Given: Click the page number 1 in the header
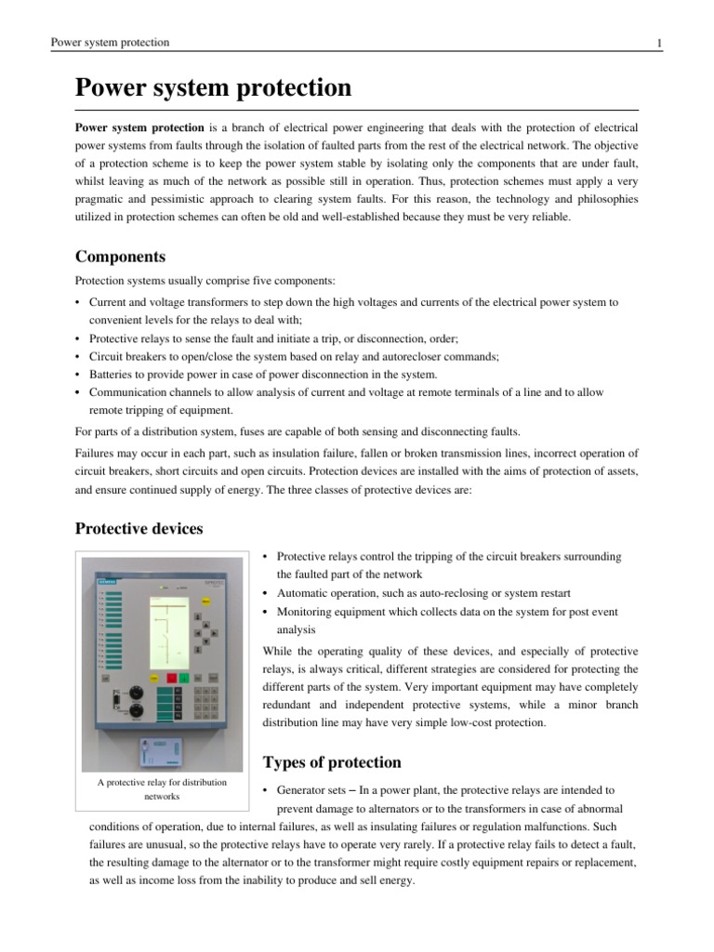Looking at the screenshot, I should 658,43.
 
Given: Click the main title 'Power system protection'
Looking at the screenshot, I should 213,88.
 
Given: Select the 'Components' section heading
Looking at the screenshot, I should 120,257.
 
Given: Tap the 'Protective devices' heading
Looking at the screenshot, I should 139,528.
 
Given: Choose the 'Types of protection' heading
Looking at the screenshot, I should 332,763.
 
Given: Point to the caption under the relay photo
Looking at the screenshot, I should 162,789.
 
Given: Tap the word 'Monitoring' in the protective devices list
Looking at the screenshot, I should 307,612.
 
